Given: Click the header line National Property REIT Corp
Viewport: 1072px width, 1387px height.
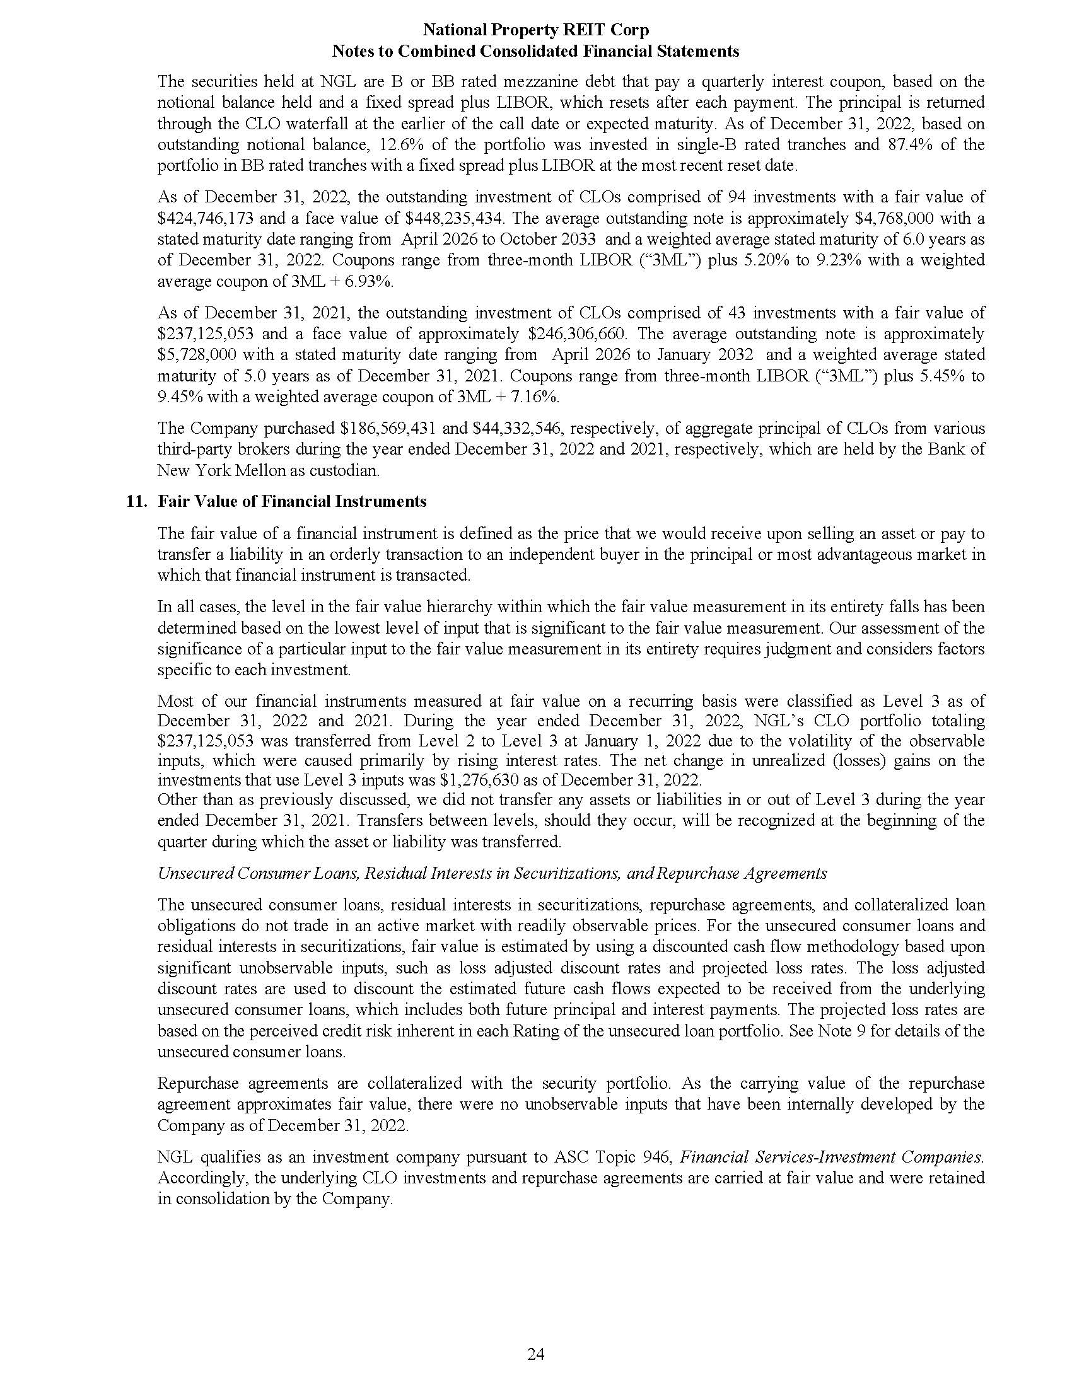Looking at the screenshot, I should point(535,30).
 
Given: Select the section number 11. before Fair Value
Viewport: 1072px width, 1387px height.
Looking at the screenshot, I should point(138,502).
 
